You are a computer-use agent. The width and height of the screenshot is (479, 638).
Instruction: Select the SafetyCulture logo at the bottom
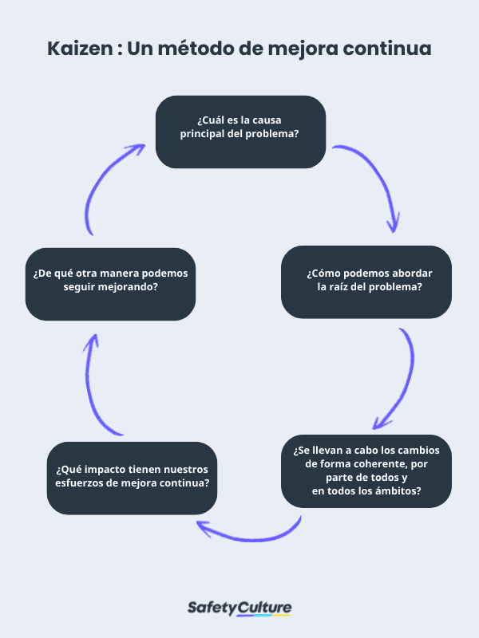(239, 608)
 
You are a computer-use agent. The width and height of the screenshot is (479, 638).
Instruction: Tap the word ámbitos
(400, 490)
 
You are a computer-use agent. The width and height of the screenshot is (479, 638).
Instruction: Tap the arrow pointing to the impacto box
(247, 531)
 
